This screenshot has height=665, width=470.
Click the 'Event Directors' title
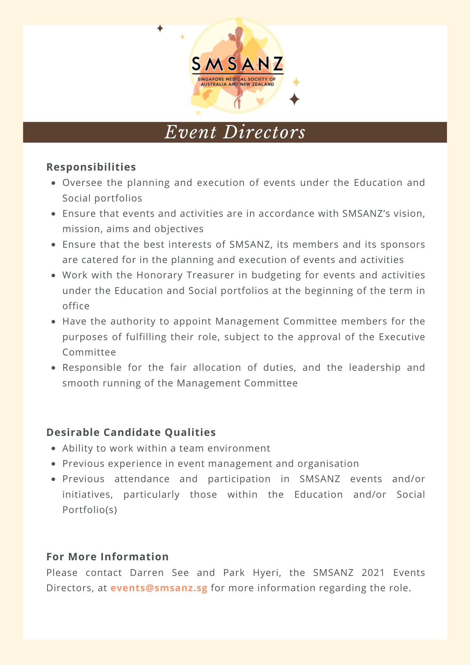[x=235, y=132]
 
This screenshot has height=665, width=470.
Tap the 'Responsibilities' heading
[x=91, y=167]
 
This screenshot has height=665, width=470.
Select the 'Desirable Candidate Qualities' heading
[x=131, y=432]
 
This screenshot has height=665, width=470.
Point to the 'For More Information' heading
[x=107, y=557]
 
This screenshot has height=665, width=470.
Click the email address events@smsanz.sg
[x=159, y=588]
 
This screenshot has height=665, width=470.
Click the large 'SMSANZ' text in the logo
[x=237, y=64]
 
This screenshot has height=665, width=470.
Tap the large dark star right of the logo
[x=294, y=99]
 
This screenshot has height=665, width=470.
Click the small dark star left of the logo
[x=160, y=29]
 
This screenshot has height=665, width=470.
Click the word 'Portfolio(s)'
[x=90, y=510]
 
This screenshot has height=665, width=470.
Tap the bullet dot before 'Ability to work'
[x=54, y=449]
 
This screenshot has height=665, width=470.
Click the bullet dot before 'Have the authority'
[x=54, y=322]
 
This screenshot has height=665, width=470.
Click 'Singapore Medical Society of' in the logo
[x=236, y=79]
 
